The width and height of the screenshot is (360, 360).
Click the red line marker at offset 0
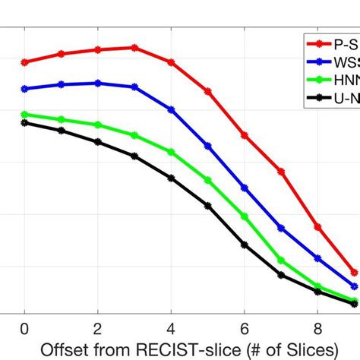[x=24, y=62]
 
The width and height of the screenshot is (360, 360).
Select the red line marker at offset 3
[x=134, y=47]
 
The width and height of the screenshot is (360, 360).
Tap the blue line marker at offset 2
[x=98, y=83]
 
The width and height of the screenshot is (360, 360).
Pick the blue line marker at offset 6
[x=245, y=188]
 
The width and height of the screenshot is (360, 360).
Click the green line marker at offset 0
[x=24, y=115]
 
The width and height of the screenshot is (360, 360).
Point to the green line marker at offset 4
[x=171, y=153]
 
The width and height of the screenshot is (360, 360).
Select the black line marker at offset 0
[x=24, y=123]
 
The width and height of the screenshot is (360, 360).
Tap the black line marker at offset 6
[x=245, y=245]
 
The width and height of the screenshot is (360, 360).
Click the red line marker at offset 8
[x=317, y=227]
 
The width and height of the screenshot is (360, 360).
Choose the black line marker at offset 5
[x=208, y=206]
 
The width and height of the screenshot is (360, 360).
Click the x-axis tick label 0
[x=24, y=327]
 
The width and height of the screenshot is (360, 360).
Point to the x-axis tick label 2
[x=98, y=327]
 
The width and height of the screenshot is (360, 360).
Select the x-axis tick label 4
[x=171, y=327]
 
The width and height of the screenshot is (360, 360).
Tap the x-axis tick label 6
[x=245, y=327]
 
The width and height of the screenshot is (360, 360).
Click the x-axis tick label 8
[x=317, y=327]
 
